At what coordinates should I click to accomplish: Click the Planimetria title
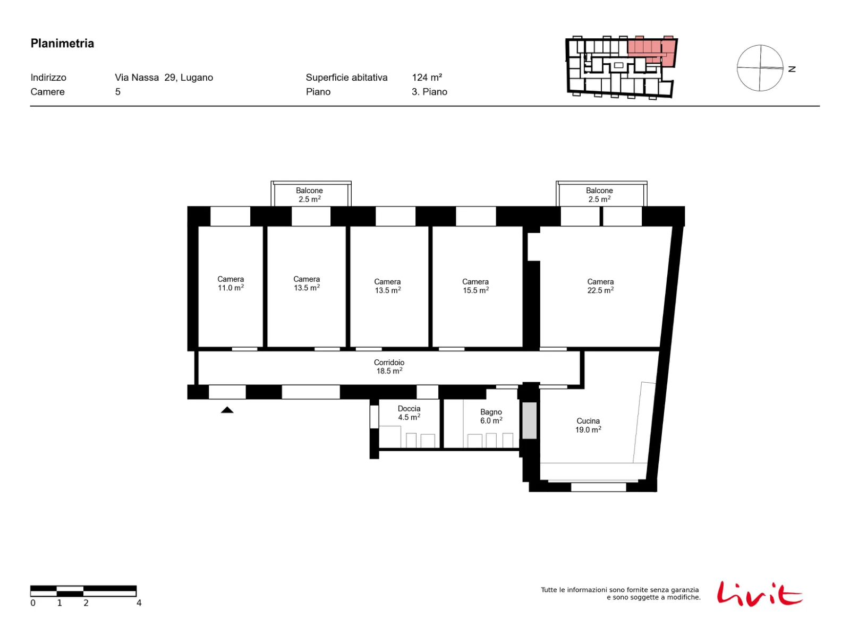62,44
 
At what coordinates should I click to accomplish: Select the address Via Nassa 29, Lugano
164,78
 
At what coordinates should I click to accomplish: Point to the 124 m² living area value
427,78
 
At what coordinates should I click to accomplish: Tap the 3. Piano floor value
429,92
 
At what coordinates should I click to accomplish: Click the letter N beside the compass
792,69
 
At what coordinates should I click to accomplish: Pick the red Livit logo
759,593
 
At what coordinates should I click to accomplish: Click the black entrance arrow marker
227,410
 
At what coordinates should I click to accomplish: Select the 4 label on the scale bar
139,602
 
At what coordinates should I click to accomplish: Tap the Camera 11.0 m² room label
231,283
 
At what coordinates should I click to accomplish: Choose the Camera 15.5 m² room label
475,286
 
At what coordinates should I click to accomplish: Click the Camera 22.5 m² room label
600,286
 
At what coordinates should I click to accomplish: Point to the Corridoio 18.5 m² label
389,366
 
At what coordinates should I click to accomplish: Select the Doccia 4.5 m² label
409,412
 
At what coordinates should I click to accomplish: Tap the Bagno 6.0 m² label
491,416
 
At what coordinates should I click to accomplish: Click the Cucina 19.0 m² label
588,425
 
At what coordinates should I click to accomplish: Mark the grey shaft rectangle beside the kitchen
529,420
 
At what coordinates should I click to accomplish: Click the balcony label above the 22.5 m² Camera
599,195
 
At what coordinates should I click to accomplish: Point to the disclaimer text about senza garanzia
620,593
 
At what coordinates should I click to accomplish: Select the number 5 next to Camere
118,92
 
